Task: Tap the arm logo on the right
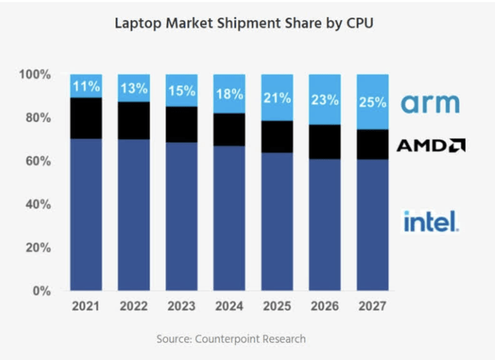point(431,103)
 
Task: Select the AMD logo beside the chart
point(431,145)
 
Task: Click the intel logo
point(431,221)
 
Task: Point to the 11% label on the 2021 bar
point(86,85)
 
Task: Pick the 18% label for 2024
point(230,94)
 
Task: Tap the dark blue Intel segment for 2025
point(278,221)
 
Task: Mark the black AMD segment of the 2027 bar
point(373,144)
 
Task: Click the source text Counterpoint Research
point(243,338)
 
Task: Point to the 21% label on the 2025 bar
point(278,98)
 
